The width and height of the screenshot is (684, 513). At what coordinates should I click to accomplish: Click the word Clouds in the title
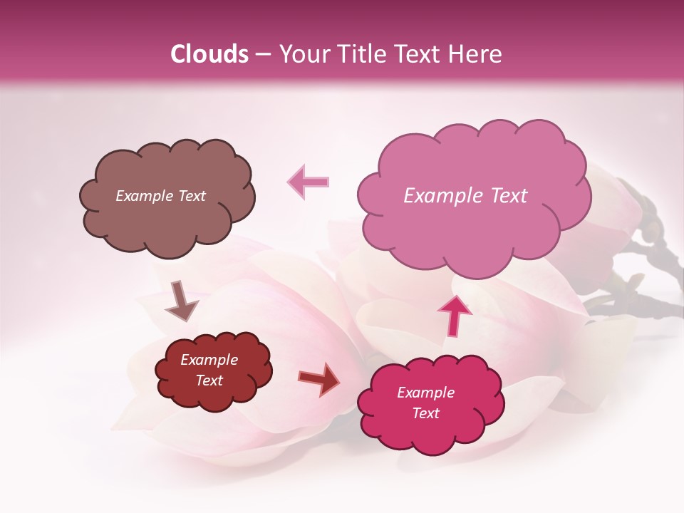click(x=209, y=54)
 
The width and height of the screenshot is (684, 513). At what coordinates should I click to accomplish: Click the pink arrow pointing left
click(x=309, y=181)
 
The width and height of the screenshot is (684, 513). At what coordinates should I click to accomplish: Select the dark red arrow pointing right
click(x=319, y=378)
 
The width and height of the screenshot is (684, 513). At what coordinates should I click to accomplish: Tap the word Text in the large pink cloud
click(x=502, y=196)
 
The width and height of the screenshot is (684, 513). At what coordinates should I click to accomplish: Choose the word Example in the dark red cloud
click(x=209, y=360)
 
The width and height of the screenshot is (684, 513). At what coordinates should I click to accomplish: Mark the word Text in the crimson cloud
click(x=426, y=413)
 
